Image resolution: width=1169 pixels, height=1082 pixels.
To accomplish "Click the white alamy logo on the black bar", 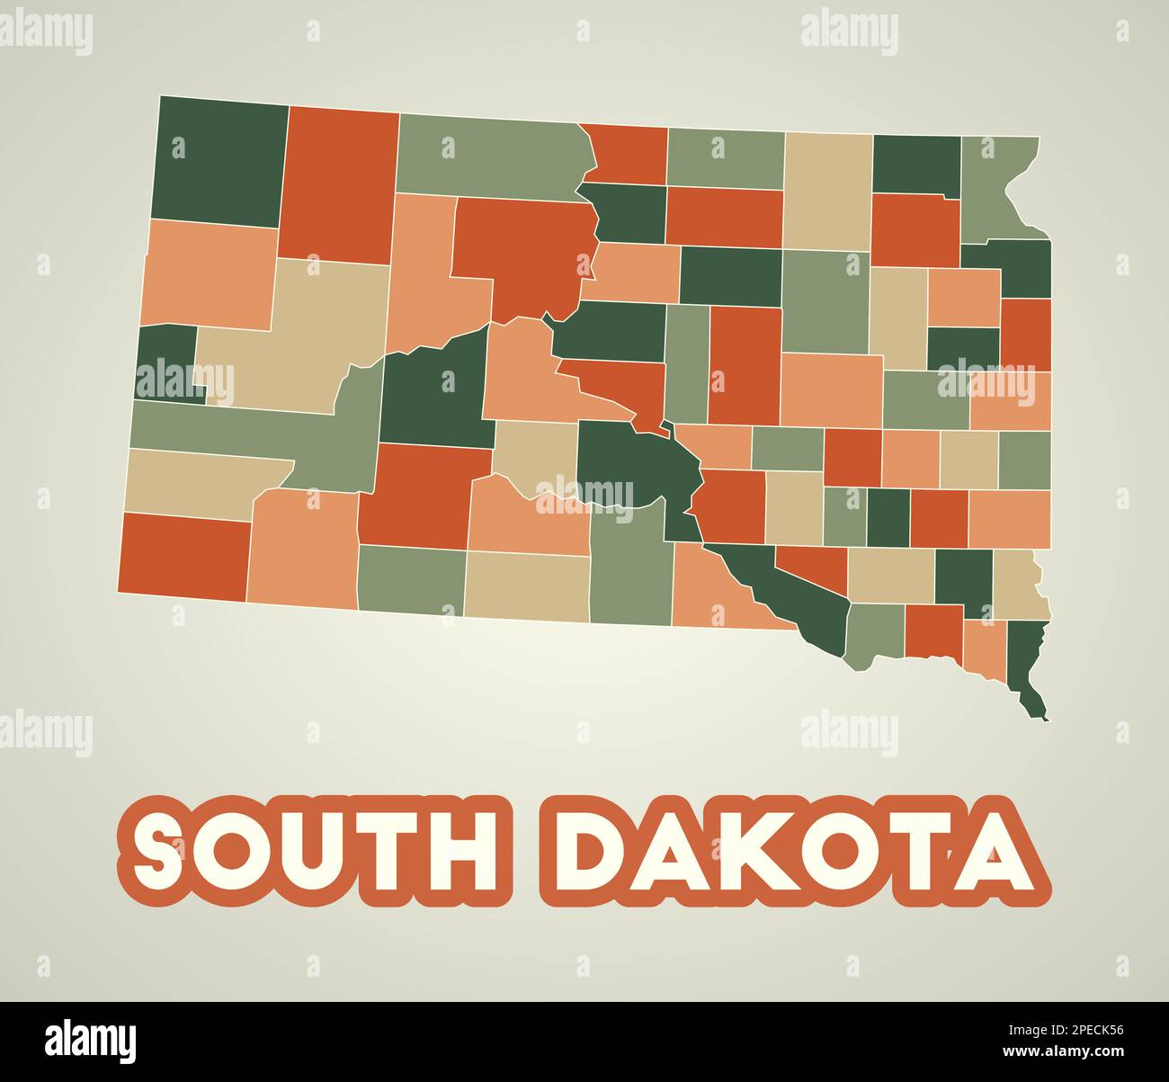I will click(91, 1042).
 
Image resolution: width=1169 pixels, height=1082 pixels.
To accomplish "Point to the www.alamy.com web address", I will click(1062, 1052).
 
